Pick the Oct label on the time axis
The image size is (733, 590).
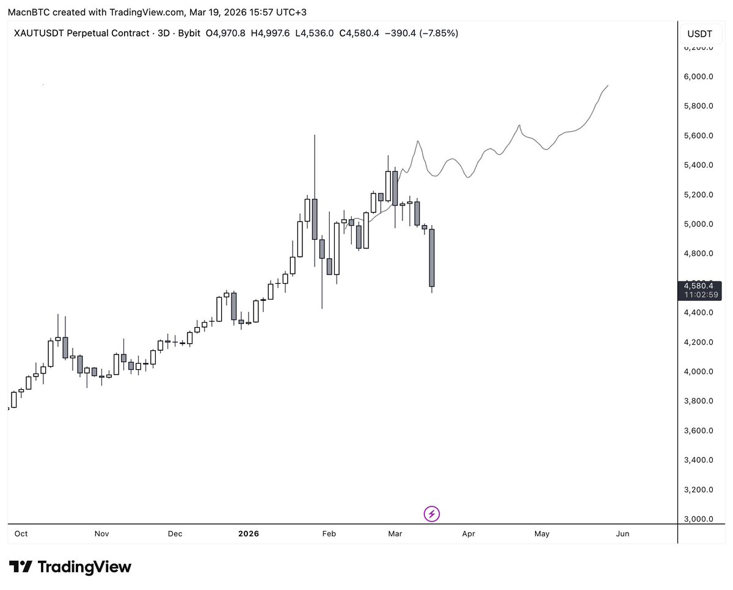[21, 534]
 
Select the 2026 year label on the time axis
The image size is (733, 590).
[249, 534]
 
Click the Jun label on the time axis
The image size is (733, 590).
[622, 534]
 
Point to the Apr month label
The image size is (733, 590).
[469, 534]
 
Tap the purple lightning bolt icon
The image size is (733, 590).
[432, 514]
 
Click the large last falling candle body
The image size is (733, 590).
[432, 257]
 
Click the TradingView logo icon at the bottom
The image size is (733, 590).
[21, 567]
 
